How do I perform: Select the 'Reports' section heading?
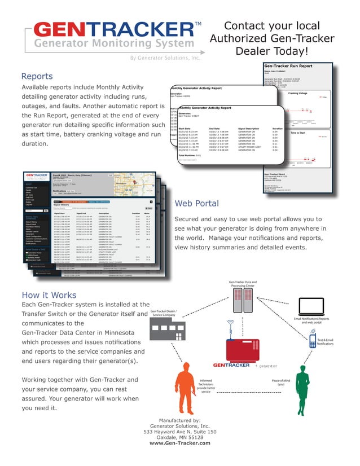pos(37,76)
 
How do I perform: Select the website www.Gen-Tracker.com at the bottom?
pos(180,443)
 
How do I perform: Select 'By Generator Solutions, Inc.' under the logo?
pos(165,58)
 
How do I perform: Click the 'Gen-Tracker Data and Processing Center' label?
pos(244,283)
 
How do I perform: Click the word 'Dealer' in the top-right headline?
pos(253,51)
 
